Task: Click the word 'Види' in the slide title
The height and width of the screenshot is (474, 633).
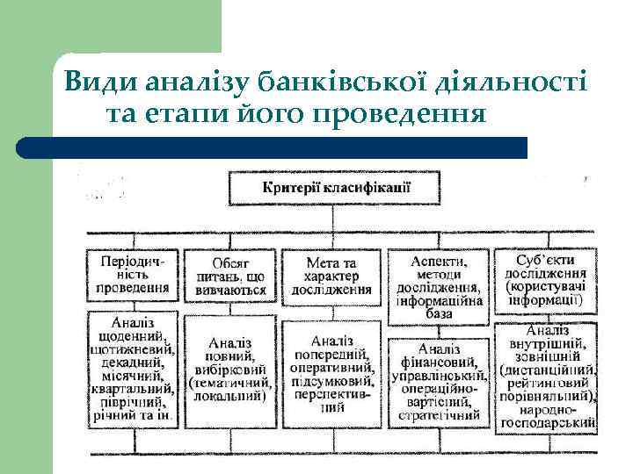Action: (94, 83)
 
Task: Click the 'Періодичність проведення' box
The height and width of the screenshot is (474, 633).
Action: (133, 275)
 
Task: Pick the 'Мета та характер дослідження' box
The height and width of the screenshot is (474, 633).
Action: (331, 276)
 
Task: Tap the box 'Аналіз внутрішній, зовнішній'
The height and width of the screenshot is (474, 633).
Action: (546, 377)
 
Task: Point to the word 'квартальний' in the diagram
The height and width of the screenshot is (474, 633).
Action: (133, 385)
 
